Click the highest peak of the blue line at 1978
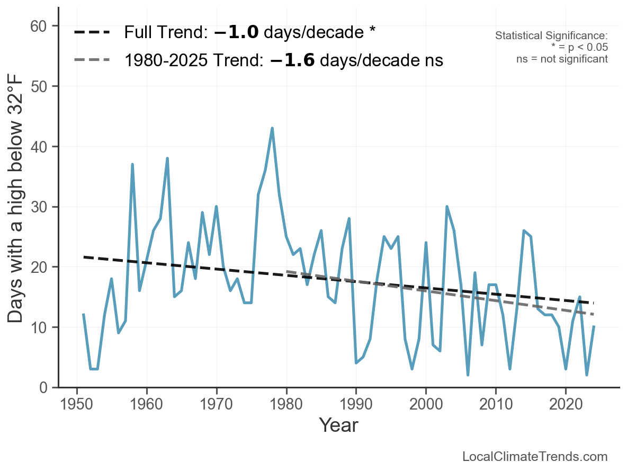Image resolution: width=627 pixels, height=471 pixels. click(x=272, y=128)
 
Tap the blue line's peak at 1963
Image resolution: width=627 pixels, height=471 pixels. click(x=167, y=158)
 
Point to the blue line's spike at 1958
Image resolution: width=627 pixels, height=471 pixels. click(x=132, y=164)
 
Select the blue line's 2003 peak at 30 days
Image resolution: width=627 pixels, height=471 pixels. click(x=447, y=207)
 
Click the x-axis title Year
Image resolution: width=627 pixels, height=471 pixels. click(x=338, y=425)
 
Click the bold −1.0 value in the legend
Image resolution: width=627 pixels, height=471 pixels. click(x=236, y=32)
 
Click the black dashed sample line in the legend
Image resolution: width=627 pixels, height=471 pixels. click(x=92, y=32)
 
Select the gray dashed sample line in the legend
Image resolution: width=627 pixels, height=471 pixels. click(x=92, y=60)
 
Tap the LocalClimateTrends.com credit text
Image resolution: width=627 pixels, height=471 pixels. click(x=535, y=457)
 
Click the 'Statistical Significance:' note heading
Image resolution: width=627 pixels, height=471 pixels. click(x=551, y=36)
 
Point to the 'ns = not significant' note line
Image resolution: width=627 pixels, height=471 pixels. click(x=562, y=59)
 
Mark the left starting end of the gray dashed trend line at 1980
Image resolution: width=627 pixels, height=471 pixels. click(x=287, y=271)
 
